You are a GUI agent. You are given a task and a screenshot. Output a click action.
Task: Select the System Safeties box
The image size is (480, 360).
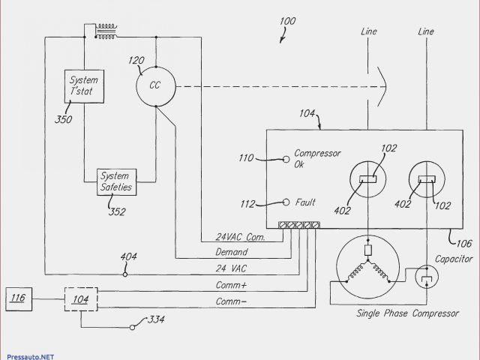pyautogui.click(x=115, y=181)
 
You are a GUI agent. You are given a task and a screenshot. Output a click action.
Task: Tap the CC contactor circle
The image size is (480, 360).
pyautogui.click(x=155, y=85)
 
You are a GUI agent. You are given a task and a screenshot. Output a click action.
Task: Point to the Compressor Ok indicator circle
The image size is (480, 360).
pyautogui.click(x=286, y=159)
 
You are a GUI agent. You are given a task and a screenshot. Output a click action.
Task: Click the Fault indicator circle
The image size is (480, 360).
pyautogui.click(x=286, y=202)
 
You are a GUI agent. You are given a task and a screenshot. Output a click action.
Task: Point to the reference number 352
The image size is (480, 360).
pyautogui.click(x=118, y=211)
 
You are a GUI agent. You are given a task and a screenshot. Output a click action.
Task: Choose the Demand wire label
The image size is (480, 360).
pyautogui.click(x=232, y=252)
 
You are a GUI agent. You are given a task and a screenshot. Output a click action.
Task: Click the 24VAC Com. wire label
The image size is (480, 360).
pyautogui.click(x=235, y=237)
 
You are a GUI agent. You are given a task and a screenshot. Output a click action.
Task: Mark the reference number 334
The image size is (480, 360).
pyautogui.click(x=156, y=321)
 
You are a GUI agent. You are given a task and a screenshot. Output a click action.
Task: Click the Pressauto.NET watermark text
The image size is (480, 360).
pyautogui.click(x=30, y=352)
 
